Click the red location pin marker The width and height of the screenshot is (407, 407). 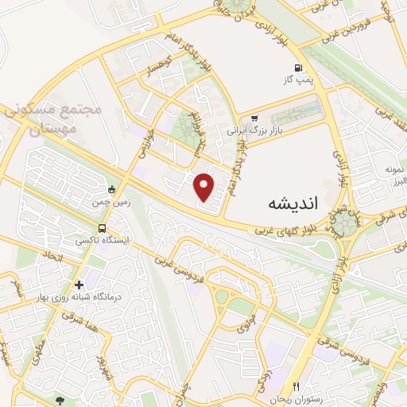204,187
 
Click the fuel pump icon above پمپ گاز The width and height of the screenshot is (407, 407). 298,68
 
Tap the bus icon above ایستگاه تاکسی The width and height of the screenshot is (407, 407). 111,190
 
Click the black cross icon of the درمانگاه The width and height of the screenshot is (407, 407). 79,285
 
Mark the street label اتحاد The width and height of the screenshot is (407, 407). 49,257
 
